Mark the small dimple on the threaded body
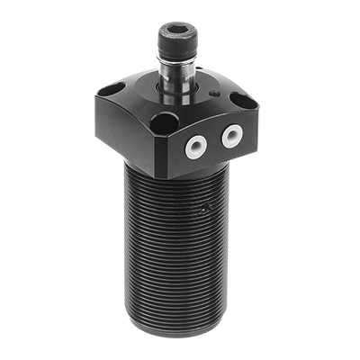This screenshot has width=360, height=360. click(205, 208)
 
